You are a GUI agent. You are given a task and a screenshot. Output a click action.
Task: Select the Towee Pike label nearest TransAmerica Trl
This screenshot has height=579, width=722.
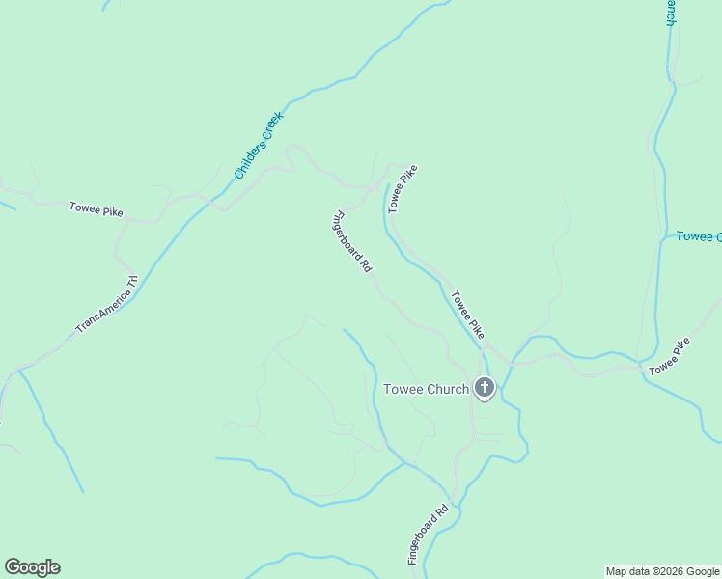pyautogui.click(x=96, y=209)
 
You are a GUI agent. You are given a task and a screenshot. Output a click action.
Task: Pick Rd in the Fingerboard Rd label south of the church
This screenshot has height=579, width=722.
pyautogui.click(x=443, y=509)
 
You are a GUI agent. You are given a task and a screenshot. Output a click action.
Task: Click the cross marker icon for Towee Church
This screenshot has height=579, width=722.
pyautogui.click(x=485, y=389)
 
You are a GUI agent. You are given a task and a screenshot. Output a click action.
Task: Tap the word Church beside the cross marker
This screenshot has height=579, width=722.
pyautogui.click(x=448, y=389)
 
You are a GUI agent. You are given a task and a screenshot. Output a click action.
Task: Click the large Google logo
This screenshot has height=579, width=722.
pyautogui.click(x=32, y=567)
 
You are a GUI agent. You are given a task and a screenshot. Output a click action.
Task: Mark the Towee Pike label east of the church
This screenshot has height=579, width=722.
pyautogui.click(x=669, y=357)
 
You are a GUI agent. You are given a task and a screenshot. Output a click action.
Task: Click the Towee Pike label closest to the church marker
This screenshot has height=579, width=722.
pyautogui.click(x=467, y=315)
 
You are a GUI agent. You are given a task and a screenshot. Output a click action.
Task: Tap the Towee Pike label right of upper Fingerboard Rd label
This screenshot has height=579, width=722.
pyautogui.click(x=403, y=189)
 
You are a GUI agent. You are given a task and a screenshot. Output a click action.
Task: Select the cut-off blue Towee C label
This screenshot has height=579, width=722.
pyautogui.click(x=698, y=236)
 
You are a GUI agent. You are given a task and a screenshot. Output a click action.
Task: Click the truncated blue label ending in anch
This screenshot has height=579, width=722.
pyautogui.click(x=670, y=13)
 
